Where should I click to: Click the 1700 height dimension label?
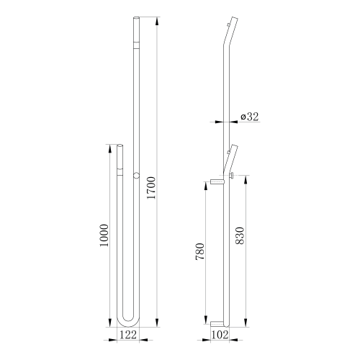[151, 187]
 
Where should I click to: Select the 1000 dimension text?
[104, 235]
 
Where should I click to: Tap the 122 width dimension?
[128, 335]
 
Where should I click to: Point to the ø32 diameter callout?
[250, 117]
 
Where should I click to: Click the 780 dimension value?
[200, 251]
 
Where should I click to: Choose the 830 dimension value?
[240, 235]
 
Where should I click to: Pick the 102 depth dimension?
[220, 335]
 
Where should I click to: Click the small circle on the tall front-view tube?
[136, 175]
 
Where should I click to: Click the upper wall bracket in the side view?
[217, 182]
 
